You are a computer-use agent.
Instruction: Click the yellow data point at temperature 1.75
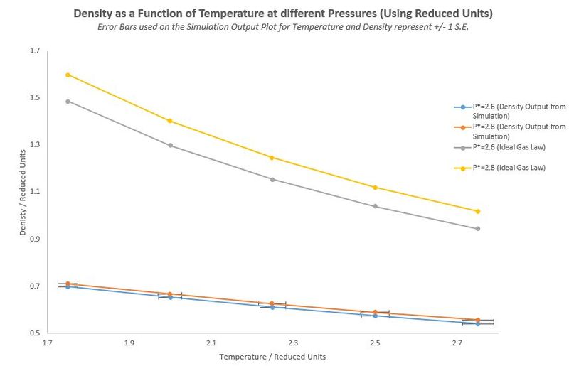pyautogui.click(x=68, y=75)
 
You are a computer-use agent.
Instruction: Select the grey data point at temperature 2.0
pyautogui.click(x=171, y=145)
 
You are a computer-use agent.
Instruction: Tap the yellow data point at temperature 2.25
pyautogui.click(x=272, y=157)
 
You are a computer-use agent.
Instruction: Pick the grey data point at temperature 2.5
pyautogui.click(x=375, y=206)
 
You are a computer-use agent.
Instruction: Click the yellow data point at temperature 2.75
pyautogui.click(x=478, y=211)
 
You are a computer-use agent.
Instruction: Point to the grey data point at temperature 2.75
pyautogui.click(x=478, y=228)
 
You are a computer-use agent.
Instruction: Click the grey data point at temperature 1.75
pyautogui.click(x=68, y=101)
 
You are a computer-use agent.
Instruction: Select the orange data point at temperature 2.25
pyautogui.click(x=272, y=303)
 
